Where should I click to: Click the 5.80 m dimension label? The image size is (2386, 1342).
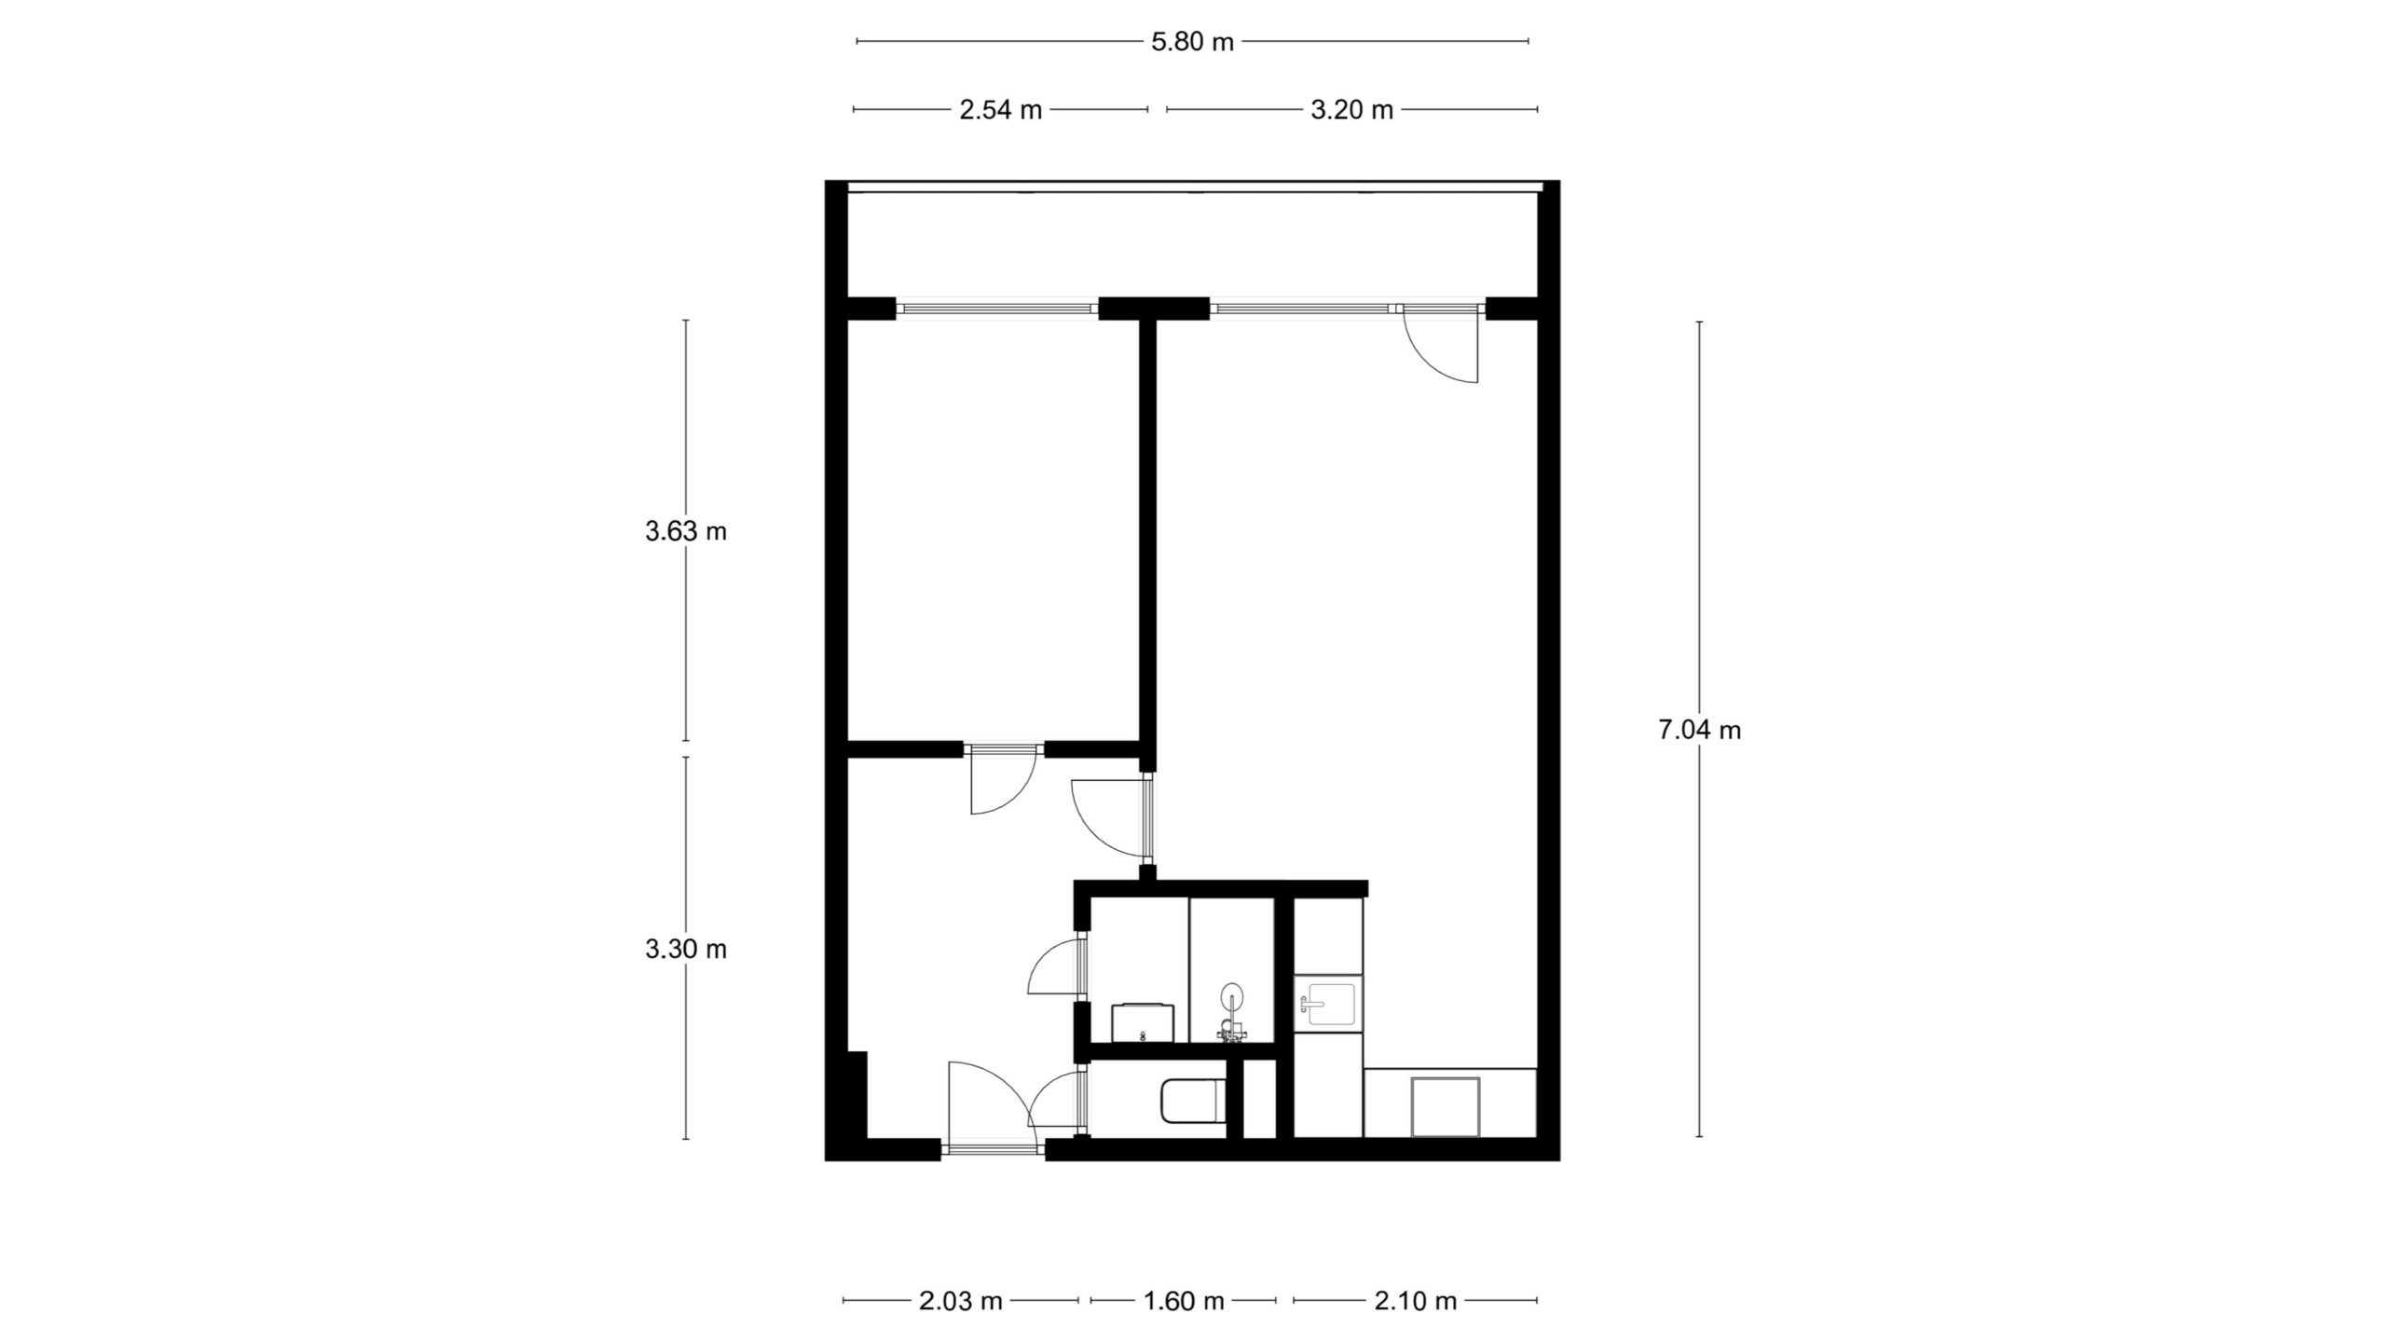[1192, 42]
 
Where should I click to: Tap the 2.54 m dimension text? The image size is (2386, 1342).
[1000, 110]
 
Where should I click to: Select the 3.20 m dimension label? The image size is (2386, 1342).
[1351, 110]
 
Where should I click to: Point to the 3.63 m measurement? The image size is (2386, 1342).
[686, 531]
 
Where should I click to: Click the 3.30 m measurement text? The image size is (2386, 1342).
[686, 949]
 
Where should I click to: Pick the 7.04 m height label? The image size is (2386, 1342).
[1699, 730]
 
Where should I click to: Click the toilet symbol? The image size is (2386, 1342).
[1192, 1102]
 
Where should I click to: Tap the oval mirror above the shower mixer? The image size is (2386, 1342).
[1232, 995]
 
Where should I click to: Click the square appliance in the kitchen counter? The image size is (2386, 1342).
[1445, 1106]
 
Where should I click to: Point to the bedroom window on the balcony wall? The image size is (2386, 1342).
[996, 308]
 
